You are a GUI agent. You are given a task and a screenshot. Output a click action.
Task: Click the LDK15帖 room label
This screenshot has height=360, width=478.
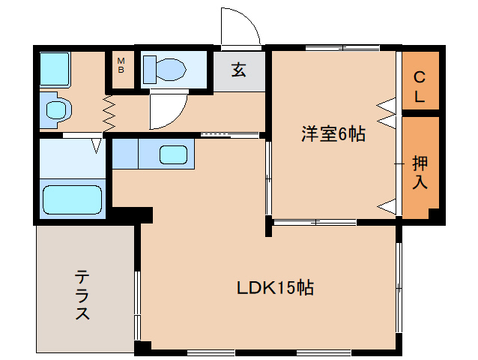pos(275,287)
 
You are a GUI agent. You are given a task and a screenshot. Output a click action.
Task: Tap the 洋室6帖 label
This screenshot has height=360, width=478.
pos(333,133)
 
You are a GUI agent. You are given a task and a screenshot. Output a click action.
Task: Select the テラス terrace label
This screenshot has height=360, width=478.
pos(82,295)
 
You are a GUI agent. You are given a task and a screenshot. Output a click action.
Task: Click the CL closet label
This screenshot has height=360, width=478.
pos(420,87)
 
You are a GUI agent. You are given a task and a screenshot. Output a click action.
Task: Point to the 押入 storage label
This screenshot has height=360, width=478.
pos(420,172)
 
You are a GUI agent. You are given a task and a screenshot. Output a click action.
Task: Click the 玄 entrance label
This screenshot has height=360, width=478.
pos(239,70)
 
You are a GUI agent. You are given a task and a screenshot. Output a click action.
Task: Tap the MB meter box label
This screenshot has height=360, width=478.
pos(121,65)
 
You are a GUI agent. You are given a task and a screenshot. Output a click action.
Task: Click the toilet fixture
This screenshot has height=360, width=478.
pos(165,69)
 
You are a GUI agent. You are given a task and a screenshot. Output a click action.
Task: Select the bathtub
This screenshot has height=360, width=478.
pos(72,199)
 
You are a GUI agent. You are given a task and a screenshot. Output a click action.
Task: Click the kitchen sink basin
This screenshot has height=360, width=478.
pos(174,154)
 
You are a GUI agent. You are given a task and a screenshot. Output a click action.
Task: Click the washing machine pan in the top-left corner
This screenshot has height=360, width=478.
pos(55,69)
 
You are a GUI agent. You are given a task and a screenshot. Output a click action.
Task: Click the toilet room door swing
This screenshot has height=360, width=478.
pos(174,117)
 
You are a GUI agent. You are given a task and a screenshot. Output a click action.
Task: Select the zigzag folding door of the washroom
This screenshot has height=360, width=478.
pos(109,113)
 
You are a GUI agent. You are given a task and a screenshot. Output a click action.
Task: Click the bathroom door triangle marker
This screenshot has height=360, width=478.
pos(97,145)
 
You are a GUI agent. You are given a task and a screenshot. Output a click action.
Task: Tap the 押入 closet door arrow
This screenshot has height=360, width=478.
pos(387,206)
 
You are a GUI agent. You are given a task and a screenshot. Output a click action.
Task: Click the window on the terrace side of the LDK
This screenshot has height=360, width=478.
pos(138,305)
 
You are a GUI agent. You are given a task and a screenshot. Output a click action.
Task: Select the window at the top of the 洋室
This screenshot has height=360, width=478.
pos(342,48)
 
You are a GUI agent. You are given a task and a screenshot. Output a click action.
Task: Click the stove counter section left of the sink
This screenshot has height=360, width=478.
pos(125,154)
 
